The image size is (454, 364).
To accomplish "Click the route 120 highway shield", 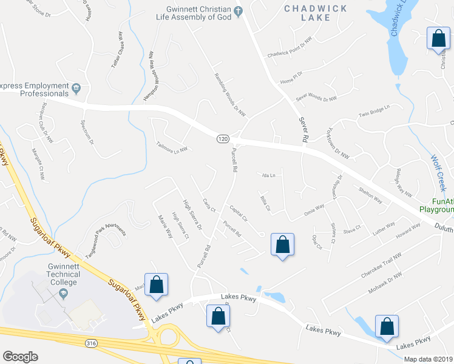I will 223,139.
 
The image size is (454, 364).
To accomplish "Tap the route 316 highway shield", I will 91,343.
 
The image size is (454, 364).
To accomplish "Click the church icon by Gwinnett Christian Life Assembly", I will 239,10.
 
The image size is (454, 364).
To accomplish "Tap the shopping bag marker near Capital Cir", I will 282,245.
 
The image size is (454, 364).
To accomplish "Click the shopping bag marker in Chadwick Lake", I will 438,39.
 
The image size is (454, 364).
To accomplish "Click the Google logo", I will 20,357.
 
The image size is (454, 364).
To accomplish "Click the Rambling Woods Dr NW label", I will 230,95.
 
